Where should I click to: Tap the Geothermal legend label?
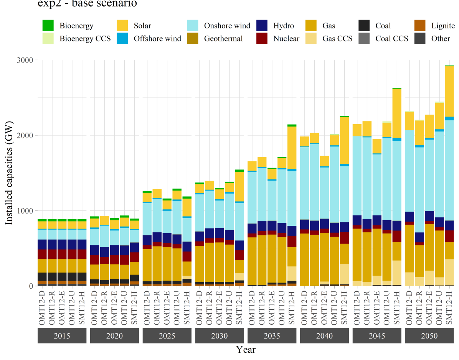223,38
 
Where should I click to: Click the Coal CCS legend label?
392,38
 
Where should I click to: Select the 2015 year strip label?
62,336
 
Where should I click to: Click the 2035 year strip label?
272,336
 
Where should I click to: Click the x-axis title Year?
246,350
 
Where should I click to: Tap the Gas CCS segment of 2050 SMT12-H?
449,272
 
